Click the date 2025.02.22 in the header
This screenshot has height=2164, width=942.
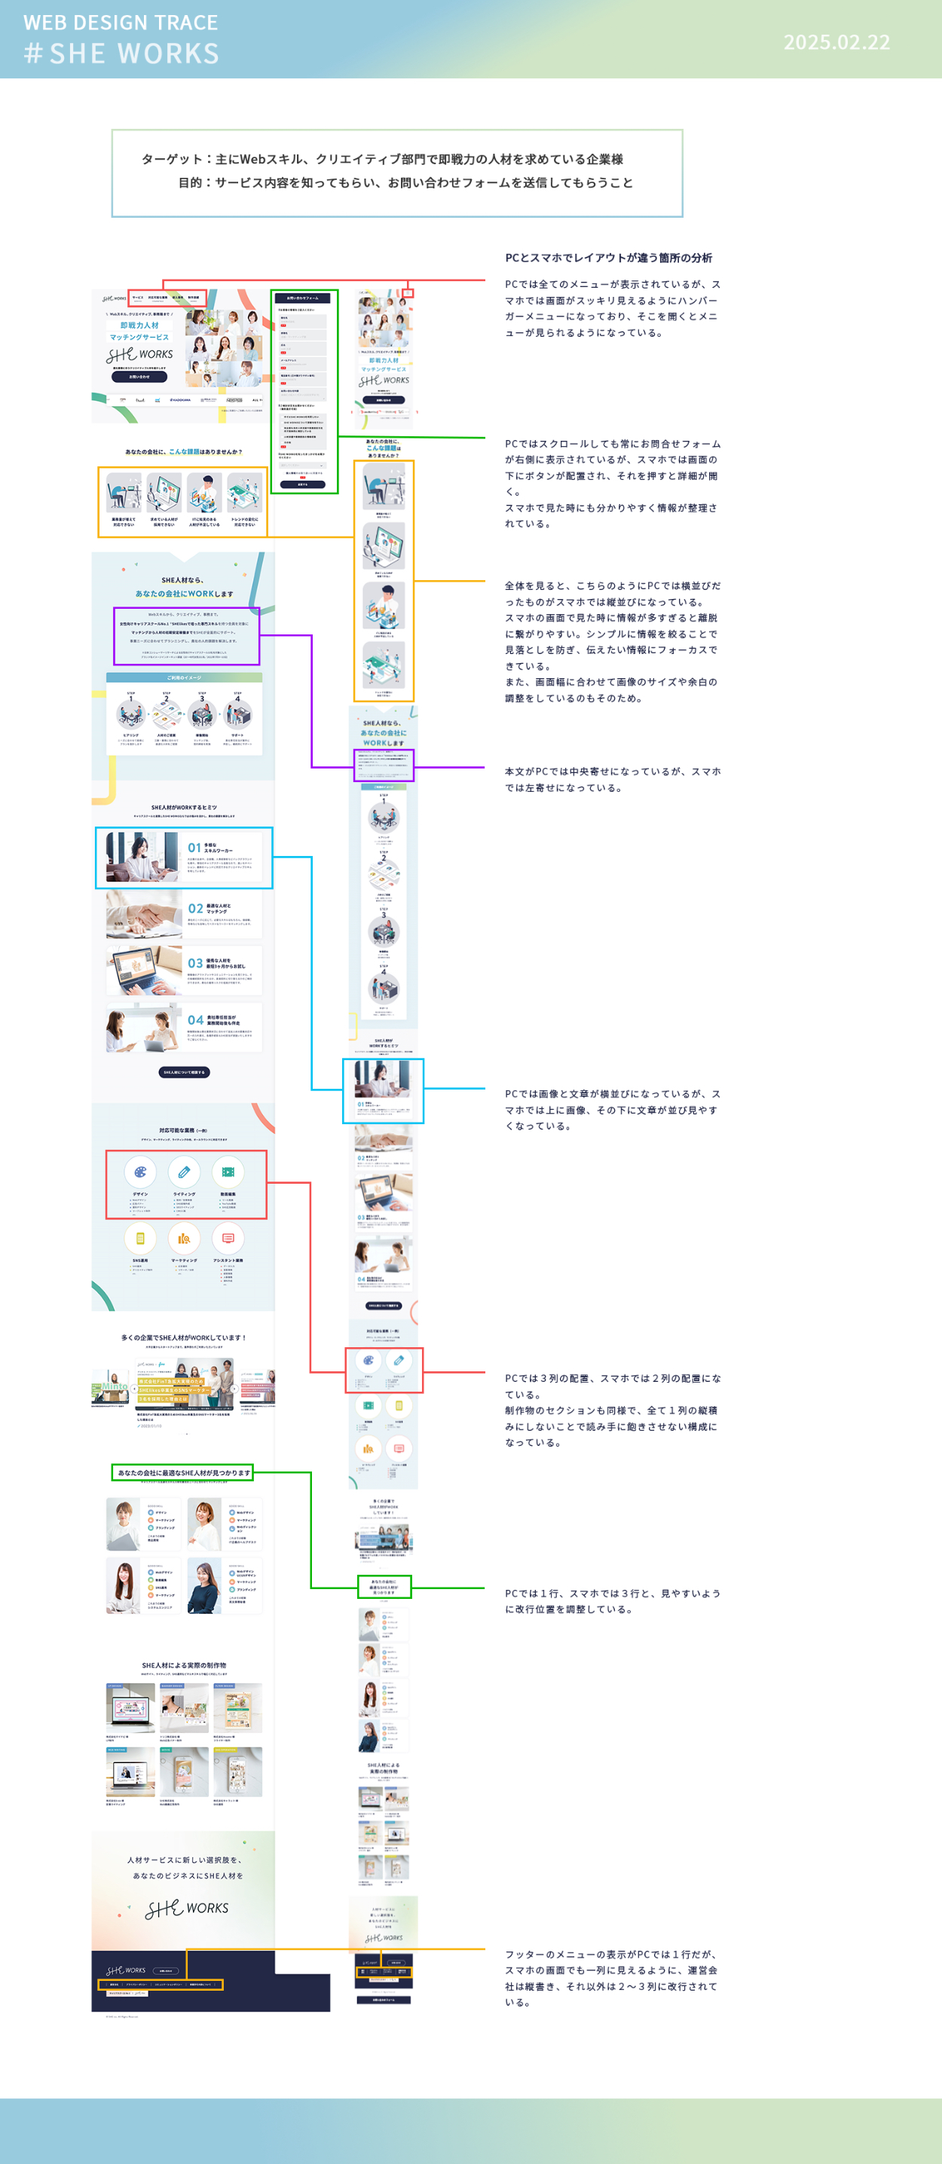tap(836, 42)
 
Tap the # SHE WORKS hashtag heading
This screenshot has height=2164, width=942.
tap(122, 53)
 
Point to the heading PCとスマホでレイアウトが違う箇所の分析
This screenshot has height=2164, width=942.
tap(608, 258)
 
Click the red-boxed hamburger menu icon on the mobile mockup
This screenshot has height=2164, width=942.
tap(408, 293)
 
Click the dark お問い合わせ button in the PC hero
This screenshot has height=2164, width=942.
tap(139, 377)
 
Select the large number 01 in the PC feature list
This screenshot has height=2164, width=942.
tap(194, 848)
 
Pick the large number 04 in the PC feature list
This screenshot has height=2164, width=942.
tap(195, 1019)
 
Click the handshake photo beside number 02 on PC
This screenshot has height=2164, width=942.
tap(144, 914)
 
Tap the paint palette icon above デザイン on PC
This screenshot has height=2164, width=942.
tap(140, 1172)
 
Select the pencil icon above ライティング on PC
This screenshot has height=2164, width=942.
tap(184, 1172)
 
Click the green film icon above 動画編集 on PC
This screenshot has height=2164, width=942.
tap(228, 1172)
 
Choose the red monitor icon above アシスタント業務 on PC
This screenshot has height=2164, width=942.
tap(228, 1238)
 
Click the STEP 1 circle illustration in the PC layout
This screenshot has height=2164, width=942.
tap(130, 715)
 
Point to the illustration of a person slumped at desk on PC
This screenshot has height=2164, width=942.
tap(124, 493)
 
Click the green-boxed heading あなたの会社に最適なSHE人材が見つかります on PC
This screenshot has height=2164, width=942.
tap(183, 1472)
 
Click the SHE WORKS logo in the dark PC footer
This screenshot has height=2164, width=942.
tap(126, 1970)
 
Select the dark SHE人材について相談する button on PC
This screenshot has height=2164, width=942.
tap(184, 1072)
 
